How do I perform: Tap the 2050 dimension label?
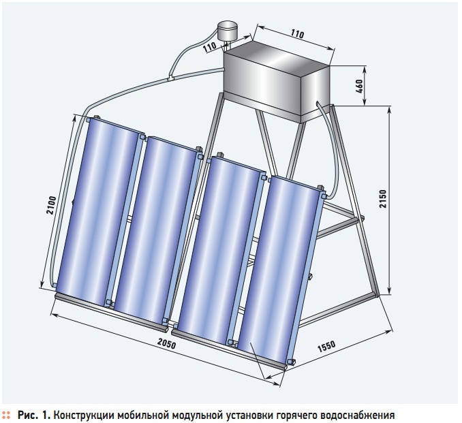[x=166, y=343]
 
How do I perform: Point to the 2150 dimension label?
[x=382, y=199]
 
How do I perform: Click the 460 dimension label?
[x=360, y=86]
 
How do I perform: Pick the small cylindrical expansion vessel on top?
[x=228, y=31]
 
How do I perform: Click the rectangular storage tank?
[x=276, y=82]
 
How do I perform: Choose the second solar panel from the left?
[x=156, y=230]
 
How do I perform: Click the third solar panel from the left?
[x=220, y=251]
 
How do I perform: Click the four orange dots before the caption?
[x=6, y=416]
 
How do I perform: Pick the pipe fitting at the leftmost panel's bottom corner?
[x=55, y=285]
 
